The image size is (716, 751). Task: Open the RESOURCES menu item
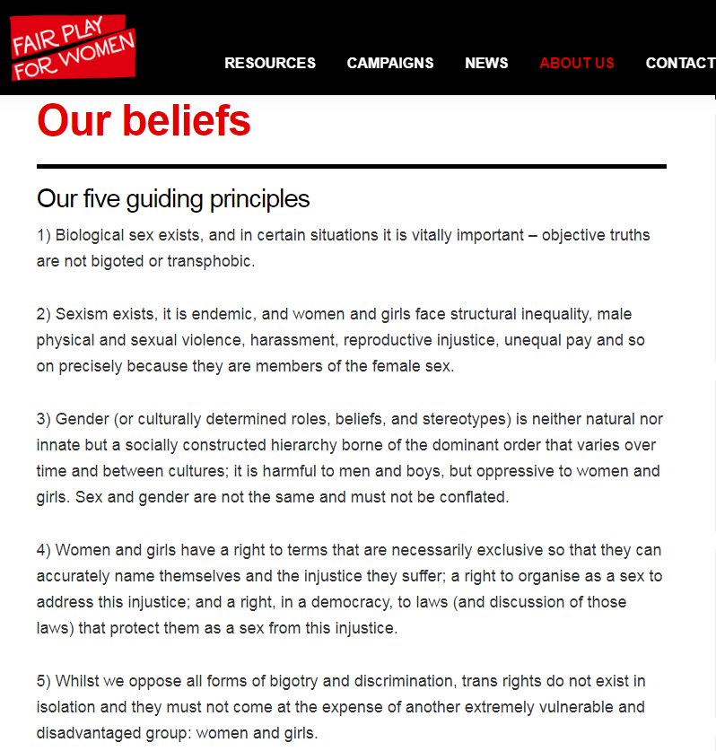click(270, 63)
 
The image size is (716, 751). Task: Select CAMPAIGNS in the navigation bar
click(389, 63)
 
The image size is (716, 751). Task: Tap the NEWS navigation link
click(486, 63)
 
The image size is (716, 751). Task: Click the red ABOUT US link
click(577, 63)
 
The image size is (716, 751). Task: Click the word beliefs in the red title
click(190, 120)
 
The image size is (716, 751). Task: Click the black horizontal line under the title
click(351, 167)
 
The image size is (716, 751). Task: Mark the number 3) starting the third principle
click(44, 420)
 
